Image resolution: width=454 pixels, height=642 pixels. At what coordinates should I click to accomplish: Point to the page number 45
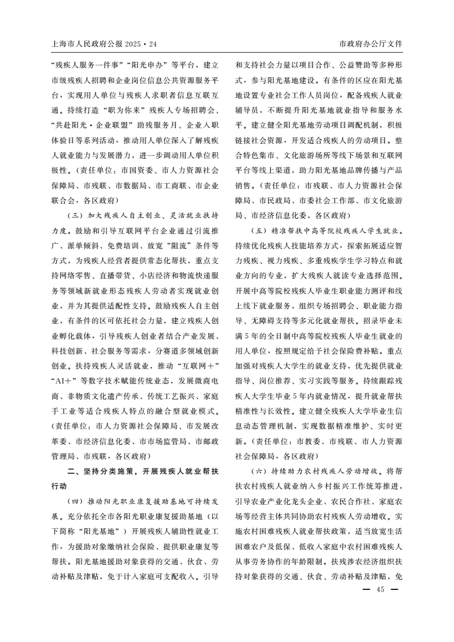tap(379, 591)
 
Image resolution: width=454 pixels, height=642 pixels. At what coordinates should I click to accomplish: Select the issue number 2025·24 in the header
tap(138, 44)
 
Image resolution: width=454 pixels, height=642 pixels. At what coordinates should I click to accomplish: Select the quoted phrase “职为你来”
tap(127, 109)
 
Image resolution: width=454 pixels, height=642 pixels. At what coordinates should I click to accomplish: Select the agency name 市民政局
tap(274, 200)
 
